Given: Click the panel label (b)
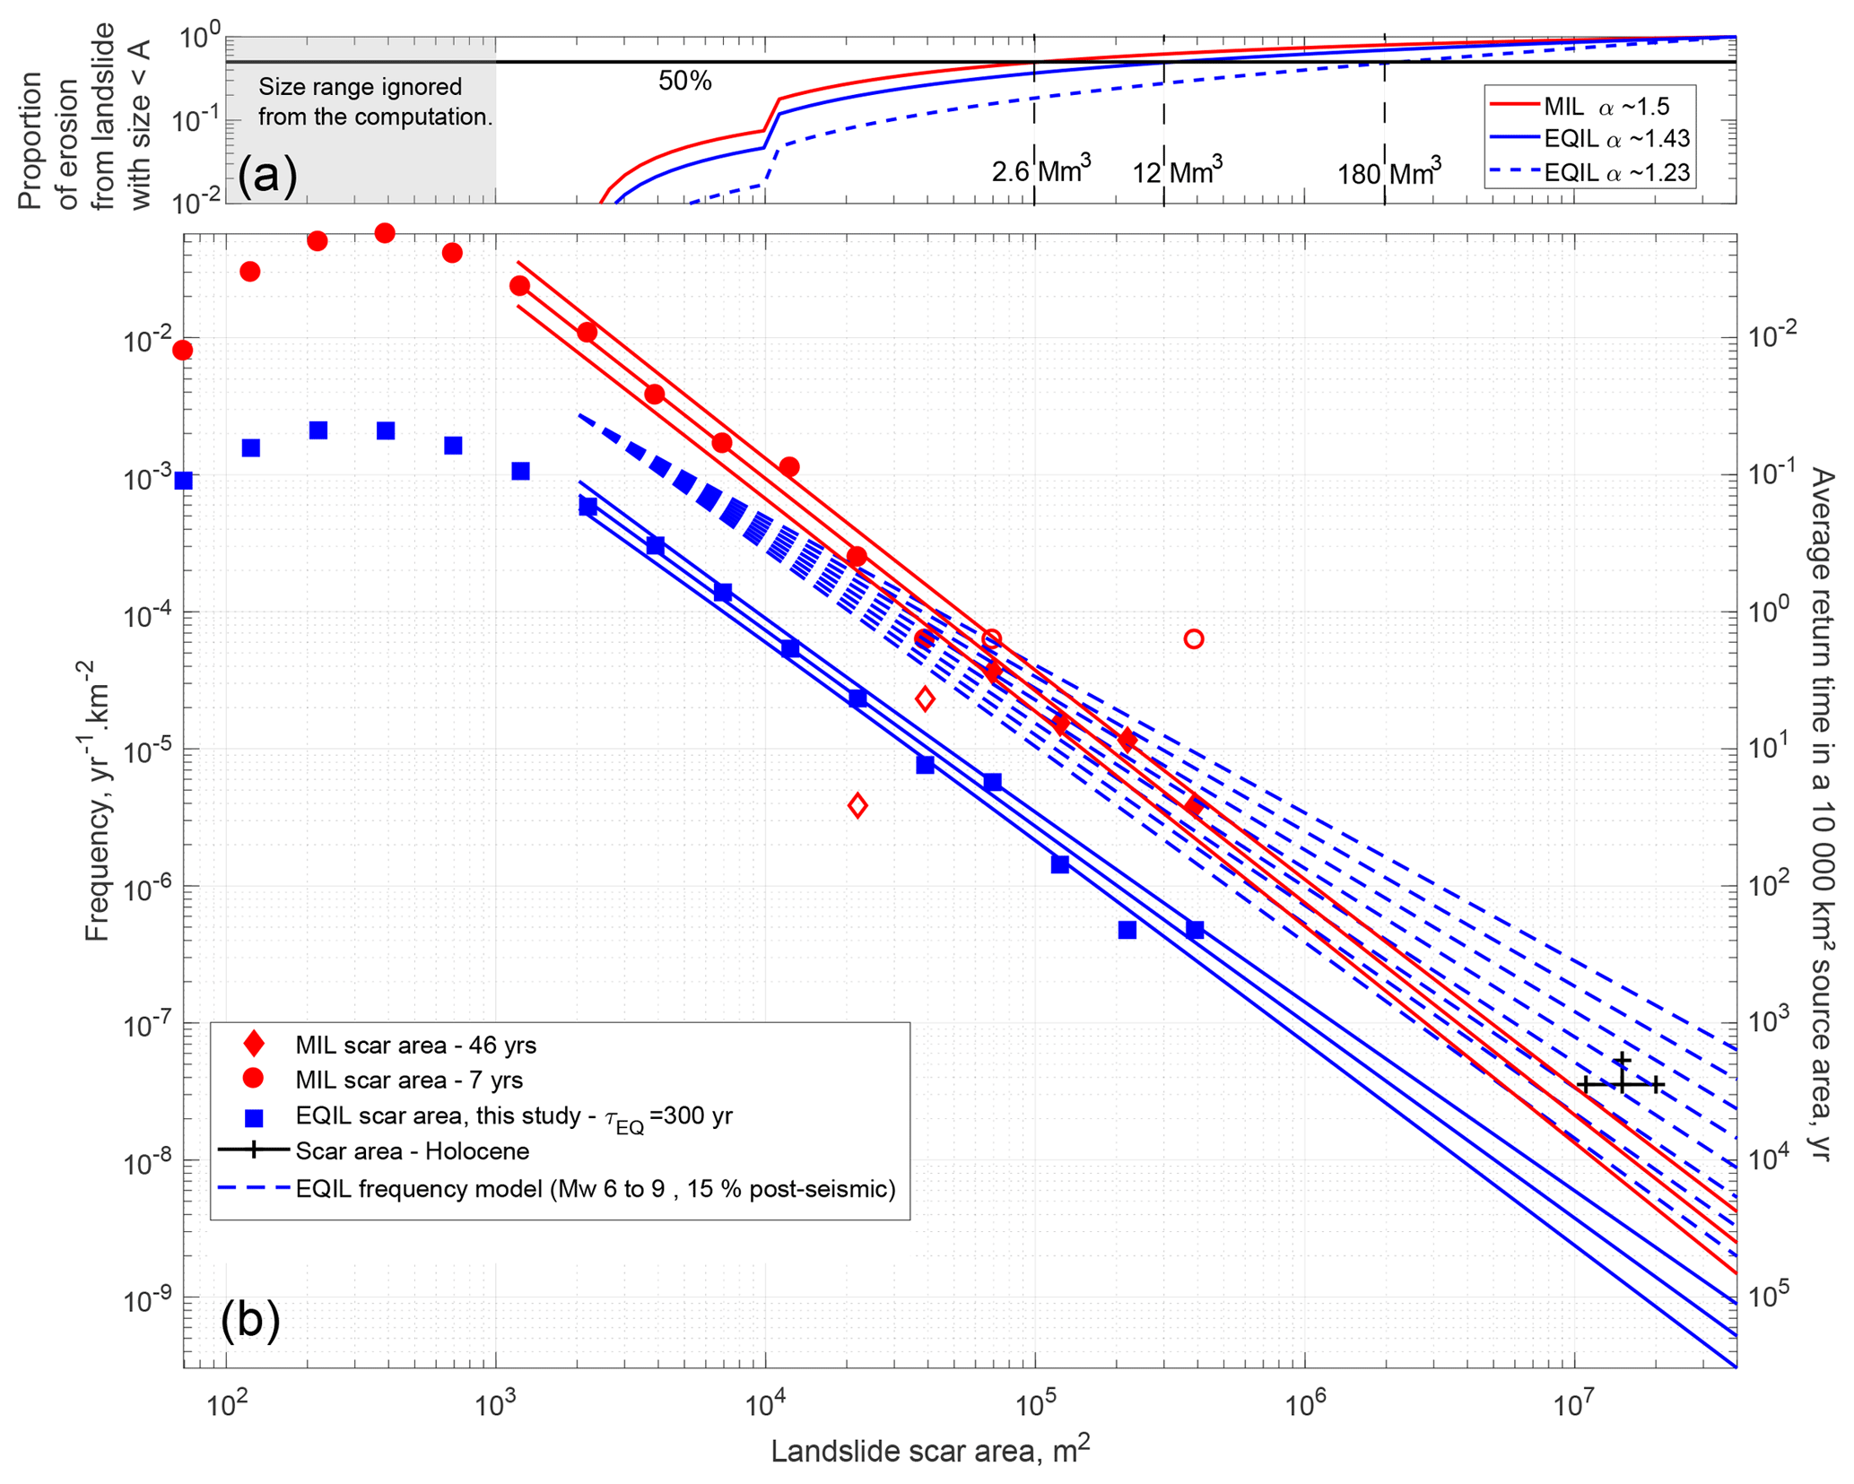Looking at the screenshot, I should (x=250, y=1320).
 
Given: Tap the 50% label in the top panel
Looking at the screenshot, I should (x=684, y=82).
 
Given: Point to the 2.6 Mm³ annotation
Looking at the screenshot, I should (x=1040, y=170).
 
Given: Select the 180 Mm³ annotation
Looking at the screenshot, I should (x=1388, y=172).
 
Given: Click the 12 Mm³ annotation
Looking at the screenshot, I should (x=1177, y=170).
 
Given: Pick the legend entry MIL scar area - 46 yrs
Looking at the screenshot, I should (x=415, y=1046).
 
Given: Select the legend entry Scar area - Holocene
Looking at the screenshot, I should (x=412, y=1151).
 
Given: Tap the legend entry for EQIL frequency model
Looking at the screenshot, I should (x=595, y=1189).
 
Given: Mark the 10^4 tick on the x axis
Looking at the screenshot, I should (x=764, y=1405).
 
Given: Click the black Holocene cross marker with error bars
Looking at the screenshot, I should (x=1621, y=1084).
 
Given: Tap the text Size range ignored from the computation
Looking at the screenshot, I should (x=375, y=102).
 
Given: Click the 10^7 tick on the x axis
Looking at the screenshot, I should (x=1573, y=1405).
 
